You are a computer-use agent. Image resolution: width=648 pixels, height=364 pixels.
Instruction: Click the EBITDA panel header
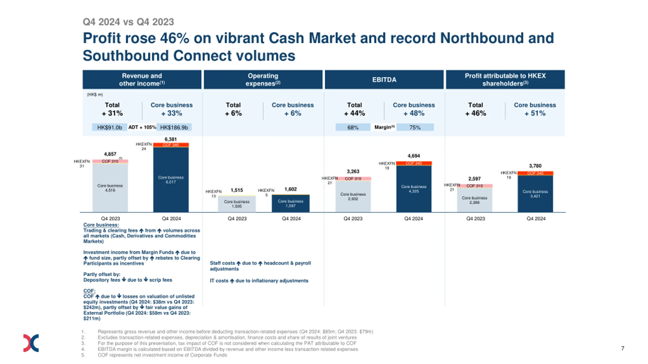click(x=384, y=80)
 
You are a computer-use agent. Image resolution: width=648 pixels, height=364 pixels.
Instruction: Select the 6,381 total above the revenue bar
click(x=170, y=139)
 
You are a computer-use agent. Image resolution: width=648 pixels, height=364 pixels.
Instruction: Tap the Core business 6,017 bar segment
click(x=171, y=180)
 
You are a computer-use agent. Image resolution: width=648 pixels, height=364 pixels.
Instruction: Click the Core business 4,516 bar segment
click(x=110, y=188)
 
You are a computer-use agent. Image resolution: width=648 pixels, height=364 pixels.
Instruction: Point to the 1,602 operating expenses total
click(x=290, y=189)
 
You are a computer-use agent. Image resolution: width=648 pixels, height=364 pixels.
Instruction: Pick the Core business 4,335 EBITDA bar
click(x=414, y=189)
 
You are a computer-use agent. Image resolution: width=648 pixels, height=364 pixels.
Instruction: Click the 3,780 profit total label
click(x=535, y=166)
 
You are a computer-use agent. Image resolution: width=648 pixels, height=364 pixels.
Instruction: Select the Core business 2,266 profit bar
click(x=474, y=200)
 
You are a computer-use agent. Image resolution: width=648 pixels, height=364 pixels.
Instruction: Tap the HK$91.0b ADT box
click(x=109, y=127)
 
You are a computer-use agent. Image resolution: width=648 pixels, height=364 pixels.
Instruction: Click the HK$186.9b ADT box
click(x=174, y=127)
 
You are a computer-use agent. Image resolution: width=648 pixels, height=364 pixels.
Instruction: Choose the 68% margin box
click(x=353, y=127)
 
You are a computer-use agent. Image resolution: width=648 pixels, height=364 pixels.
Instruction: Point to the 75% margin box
click(x=415, y=127)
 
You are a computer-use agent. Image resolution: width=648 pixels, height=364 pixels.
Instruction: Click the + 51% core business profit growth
click(x=535, y=113)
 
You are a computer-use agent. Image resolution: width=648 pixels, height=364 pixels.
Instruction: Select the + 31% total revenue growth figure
click(x=112, y=113)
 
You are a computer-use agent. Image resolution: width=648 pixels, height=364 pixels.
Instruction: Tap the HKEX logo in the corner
click(x=31, y=343)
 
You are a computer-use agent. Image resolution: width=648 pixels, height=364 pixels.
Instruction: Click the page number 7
click(x=622, y=348)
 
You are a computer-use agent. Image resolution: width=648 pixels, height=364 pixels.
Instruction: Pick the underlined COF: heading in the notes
click(x=89, y=291)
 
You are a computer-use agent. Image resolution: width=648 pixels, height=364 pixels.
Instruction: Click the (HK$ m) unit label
click(x=95, y=95)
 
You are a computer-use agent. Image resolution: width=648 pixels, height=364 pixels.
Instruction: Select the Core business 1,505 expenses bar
click(x=236, y=204)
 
